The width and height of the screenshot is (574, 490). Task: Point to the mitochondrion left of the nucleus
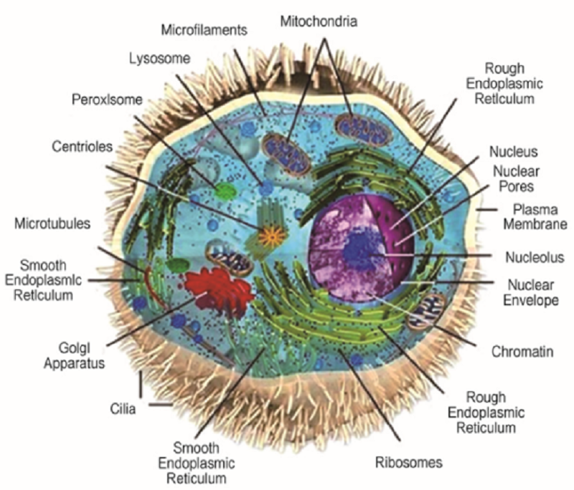229,259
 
